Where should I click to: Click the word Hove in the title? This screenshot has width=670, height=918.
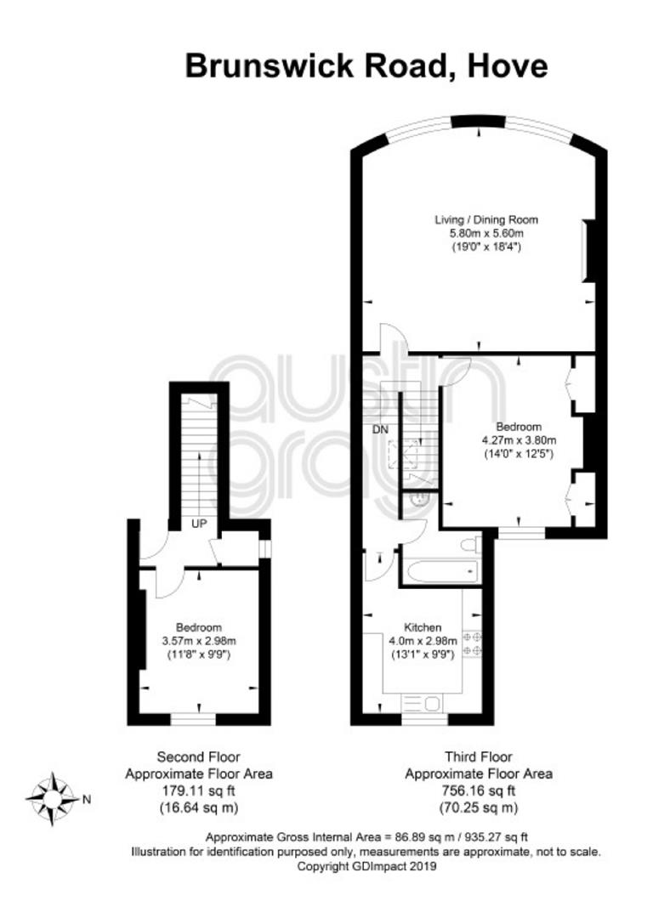tap(508, 66)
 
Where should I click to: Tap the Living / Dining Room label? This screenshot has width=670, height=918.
tap(486, 220)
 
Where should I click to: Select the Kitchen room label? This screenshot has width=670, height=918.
tap(423, 627)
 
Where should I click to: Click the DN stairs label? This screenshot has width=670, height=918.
tap(381, 430)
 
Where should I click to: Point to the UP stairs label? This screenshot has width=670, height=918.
tap(199, 524)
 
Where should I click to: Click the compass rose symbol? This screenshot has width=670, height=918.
tap(52, 798)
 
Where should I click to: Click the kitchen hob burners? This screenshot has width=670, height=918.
tap(473, 643)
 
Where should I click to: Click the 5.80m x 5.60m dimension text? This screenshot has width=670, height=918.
tap(486, 234)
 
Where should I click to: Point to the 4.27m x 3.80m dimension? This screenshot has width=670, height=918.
tap(519, 440)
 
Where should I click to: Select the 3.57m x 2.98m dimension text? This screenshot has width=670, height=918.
tap(199, 641)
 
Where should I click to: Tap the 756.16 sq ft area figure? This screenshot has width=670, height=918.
tap(479, 791)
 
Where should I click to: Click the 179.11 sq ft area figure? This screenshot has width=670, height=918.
tap(199, 791)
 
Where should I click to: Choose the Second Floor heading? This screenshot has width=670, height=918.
tap(199, 757)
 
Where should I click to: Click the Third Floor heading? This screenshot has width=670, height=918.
tap(479, 757)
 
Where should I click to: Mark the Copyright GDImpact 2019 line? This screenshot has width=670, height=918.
tap(366, 866)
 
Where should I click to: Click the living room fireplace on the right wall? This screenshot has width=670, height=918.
tap(588, 251)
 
